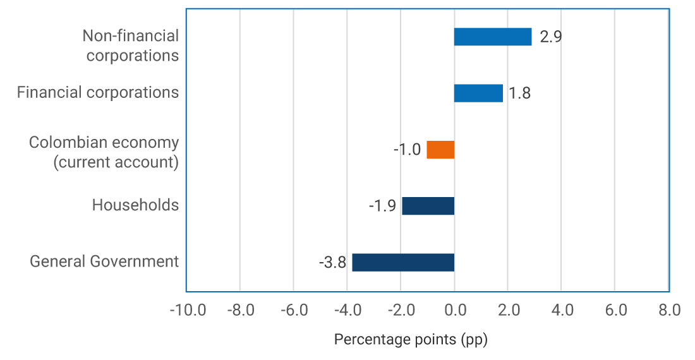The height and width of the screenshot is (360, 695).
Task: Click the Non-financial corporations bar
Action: coord(493,37)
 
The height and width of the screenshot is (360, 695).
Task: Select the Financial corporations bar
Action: coord(478,93)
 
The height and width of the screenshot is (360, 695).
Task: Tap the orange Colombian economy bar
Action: coord(440,150)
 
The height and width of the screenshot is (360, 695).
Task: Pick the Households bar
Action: coord(428,206)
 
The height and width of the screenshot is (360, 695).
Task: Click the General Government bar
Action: coord(403,262)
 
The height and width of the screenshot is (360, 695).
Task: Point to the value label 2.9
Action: coord(551,37)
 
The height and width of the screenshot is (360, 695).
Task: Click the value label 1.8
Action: coord(519,93)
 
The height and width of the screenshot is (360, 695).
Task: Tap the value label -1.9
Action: coord(382,207)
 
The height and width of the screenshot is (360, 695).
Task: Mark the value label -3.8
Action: coord(332,263)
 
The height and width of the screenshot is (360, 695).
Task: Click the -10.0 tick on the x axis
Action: coord(188,310)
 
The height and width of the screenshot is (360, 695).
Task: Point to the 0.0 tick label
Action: coord(454,310)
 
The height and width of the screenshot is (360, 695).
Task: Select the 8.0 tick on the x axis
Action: coord(669,310)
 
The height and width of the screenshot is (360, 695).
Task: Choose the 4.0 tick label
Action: coord(562,310)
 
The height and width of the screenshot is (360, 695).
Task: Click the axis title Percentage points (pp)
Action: coord(411,339)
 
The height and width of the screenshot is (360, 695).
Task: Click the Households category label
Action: coord(135,205)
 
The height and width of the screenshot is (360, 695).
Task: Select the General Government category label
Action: coord(104,261)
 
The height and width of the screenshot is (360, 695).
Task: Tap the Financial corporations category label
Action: coord(98,92)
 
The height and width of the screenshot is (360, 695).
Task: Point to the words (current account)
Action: coord(116,162)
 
